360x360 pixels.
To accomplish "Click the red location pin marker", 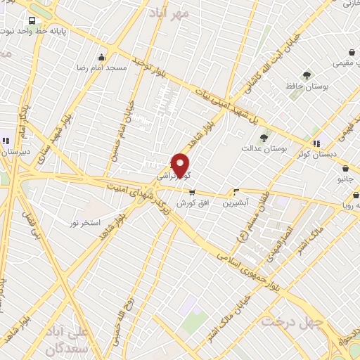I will pos(181,165).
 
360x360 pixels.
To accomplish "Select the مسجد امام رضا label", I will pos(103,67).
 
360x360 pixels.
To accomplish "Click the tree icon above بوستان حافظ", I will pos(307,75).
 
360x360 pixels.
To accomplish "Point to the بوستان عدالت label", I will pos(262,148).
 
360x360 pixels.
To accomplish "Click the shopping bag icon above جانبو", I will pos(345,168).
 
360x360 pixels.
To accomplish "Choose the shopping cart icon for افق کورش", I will pos(192,193).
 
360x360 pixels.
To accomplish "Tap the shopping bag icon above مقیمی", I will pos(352,53).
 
